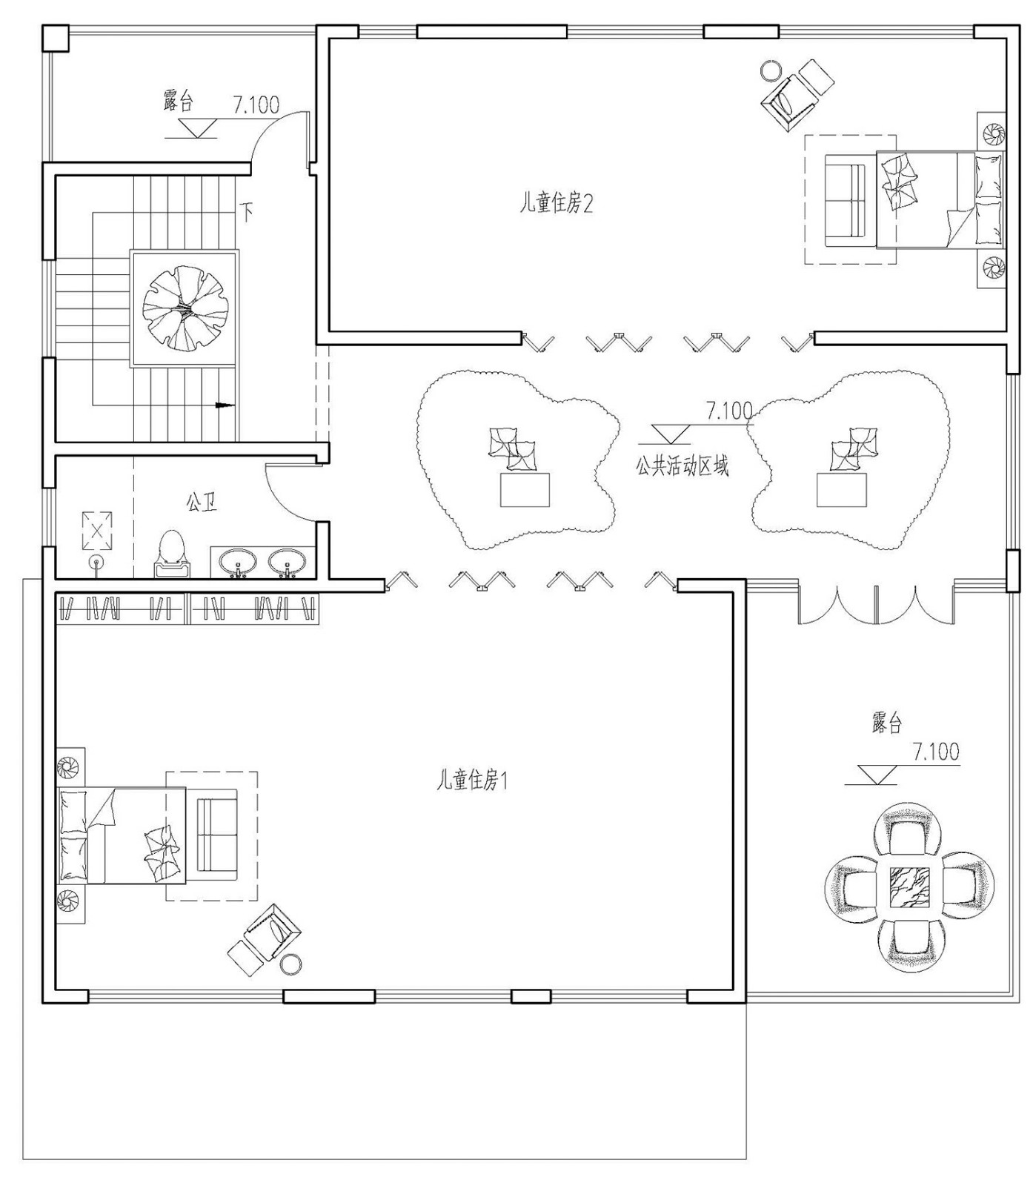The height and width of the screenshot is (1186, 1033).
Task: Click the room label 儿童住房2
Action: click(556, 203)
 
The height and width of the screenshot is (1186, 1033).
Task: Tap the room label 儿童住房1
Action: click(472, 780)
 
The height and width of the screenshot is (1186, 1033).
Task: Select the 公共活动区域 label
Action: click(682, 466)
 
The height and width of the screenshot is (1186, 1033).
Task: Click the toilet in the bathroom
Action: click(172, 553)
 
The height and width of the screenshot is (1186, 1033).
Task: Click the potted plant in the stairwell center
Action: click(185, 308)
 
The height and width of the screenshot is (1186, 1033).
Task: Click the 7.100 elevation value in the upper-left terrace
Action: click(256, 105)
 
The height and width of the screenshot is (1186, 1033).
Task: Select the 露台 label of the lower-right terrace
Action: click(887, 722)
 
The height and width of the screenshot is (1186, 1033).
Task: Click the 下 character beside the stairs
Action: click(248, 213)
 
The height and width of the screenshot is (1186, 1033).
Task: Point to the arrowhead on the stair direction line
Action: click(225, 405)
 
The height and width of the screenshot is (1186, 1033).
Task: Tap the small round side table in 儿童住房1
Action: click(290, 964)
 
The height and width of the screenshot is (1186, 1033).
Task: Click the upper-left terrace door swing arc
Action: click(279, 134)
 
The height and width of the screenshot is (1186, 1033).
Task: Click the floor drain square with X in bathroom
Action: click(96, 529)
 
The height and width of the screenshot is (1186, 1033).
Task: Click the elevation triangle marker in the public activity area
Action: click(670, 434)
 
